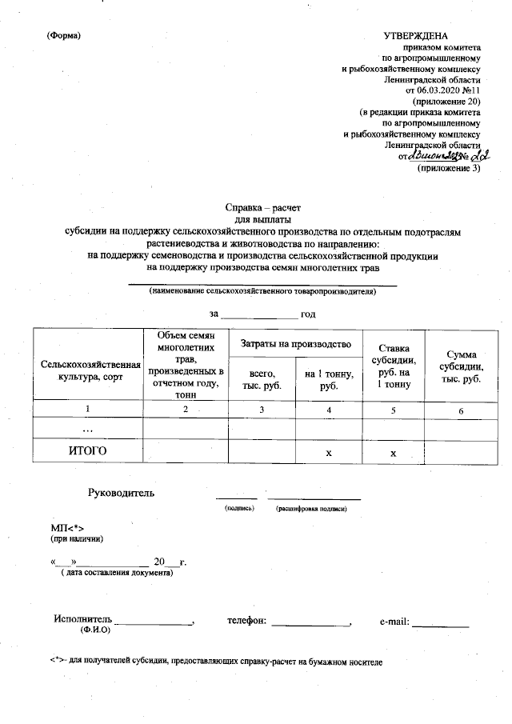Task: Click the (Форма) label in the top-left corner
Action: pyautogui.click(x=64, y=36)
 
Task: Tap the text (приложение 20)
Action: pyautogui.click(x=446, y=102)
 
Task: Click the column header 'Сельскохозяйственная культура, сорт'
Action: pyautogui.click(x=86, y=370)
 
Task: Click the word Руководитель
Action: pyautogui.click(x=121, y=493)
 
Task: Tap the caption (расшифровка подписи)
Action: pyautogui.click(x=311, y=508)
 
